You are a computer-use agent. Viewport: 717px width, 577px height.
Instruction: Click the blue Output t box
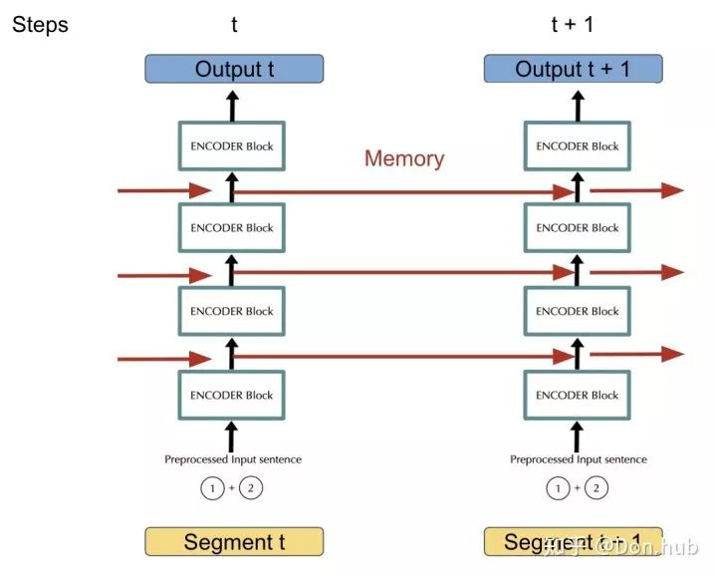[233, 69]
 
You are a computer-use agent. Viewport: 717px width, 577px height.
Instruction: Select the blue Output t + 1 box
[572, 69]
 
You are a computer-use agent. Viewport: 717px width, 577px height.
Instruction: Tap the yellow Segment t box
[234, 542]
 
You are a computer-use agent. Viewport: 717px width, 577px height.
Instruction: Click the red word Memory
[404, 158]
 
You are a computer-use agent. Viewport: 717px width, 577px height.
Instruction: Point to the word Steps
[40, 25]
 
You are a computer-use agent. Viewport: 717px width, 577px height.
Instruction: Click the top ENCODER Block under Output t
[232, 146]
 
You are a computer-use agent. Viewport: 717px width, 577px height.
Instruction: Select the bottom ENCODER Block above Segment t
[232, 395]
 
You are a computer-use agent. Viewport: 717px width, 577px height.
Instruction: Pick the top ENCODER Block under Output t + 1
[577, 146]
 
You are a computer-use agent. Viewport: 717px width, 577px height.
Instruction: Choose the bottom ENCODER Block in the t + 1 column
[577, 395]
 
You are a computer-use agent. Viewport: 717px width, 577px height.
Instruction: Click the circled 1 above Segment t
[211, 488]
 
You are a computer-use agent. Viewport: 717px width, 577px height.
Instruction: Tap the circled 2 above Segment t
[252, 488]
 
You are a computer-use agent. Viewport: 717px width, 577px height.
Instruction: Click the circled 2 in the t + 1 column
[597, 488]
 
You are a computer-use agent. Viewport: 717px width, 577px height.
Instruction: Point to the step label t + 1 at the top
[572, 25]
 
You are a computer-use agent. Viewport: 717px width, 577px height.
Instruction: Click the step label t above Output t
[234, 25]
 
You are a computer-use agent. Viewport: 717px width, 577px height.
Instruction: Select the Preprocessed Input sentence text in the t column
[233, 459]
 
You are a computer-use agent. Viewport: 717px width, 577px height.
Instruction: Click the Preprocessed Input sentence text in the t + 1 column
[578, 459]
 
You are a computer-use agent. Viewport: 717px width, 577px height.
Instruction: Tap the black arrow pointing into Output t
[232, 103]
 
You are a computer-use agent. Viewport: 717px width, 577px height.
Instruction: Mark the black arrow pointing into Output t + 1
[577, 103]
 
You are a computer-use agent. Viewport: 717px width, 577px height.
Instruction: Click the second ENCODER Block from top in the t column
[232, 228]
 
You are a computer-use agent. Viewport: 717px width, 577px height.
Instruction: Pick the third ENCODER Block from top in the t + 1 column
[577, 311]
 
